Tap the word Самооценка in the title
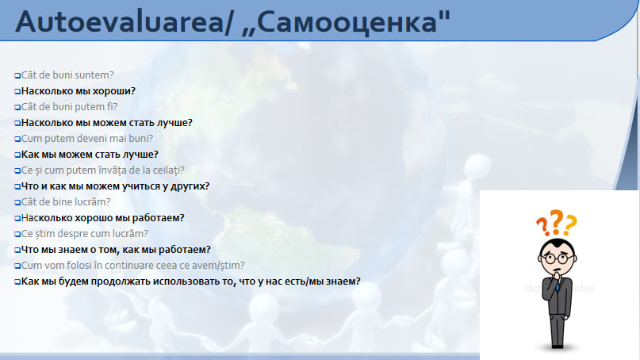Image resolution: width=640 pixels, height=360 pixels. click(347, 22)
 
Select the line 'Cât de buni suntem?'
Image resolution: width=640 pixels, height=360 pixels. click(67, 75)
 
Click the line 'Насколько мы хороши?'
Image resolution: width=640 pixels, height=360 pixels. click(78, 91)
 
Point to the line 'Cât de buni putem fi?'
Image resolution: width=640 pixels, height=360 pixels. click(69, 107)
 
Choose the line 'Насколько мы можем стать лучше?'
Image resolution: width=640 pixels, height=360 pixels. click(106, 123)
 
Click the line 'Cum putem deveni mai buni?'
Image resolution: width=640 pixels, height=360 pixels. click(87, 139)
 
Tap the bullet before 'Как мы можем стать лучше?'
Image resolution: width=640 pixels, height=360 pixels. click(17, 155)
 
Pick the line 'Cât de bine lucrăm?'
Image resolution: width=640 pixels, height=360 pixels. click(66, 202)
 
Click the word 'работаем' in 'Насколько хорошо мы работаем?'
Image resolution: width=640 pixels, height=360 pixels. click(162, 218)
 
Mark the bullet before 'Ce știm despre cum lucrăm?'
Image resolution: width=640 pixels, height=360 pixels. click(17, 234)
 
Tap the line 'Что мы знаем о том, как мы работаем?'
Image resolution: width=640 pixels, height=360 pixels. click(116, 250)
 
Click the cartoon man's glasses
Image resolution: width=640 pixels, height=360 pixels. click(557, 259)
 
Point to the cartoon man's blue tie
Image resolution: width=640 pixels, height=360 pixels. click(558, 285)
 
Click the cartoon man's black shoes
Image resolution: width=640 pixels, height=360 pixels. click(558, 345)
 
